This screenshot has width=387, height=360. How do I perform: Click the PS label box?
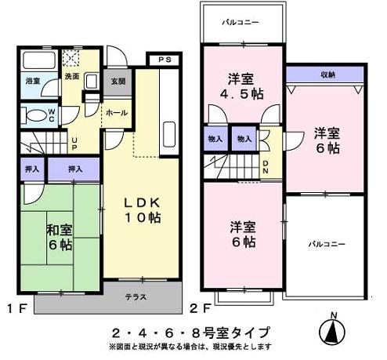coord(165,60)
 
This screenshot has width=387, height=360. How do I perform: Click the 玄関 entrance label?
coord(117,81)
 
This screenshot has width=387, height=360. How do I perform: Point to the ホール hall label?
coord(117,112)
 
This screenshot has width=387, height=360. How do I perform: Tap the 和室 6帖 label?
coord(60,238)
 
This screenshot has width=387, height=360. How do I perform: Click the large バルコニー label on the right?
coord(326,244)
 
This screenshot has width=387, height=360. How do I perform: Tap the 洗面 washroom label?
coord(71,77)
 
